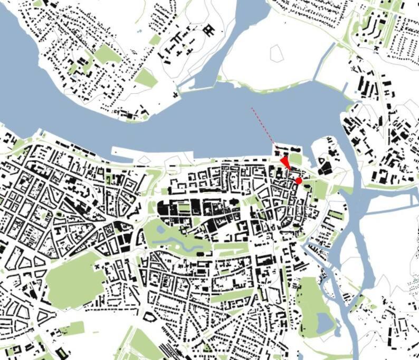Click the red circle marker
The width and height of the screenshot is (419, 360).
click(x=298, y=181)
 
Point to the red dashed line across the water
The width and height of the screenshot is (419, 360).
click(x=263, y=127)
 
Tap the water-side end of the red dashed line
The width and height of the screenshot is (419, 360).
click(x=252, y=109)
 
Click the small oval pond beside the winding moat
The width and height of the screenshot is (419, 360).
click(x=201, y=254)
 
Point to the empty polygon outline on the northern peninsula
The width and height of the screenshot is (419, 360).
click(x=277, y=53)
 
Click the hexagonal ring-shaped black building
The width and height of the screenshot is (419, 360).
click(x=149, y=317)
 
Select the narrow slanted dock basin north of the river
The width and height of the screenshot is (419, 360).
click(x=323, y=61)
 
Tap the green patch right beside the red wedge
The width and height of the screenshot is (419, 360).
click(x=296, y=159)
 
